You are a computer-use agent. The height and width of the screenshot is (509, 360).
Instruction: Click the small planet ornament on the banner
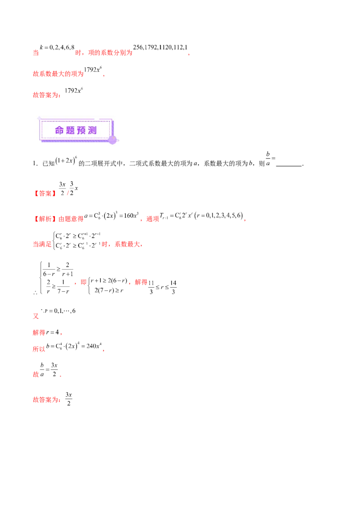pos(113,140)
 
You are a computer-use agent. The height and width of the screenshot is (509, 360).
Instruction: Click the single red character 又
pos(35,316)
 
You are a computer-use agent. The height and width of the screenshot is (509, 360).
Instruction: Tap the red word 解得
pos(39,334)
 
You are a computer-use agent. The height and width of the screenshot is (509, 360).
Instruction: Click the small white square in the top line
pos(53,52)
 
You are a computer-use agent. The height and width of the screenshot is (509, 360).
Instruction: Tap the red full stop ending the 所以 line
pos(103,350)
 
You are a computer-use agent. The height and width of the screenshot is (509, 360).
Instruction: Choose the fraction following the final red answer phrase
pos(68,398)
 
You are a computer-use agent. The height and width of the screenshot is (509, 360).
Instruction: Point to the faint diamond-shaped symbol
pos(269,158)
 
